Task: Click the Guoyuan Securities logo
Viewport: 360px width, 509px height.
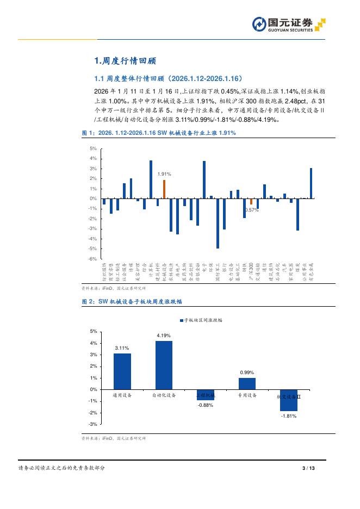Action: pos(288,24)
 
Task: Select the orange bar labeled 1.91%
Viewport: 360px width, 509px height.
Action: pos(164,189)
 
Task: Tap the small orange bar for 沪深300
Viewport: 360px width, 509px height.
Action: pos(251,202)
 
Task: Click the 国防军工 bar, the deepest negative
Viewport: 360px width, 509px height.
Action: pos(218,224)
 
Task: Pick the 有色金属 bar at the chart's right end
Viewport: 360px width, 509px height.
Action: pos(311,184)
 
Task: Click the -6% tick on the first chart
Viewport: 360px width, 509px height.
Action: pos(94,259)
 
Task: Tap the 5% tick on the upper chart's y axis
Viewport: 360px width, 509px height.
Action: pos(94,148)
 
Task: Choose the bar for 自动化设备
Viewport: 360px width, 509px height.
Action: pos(164,365)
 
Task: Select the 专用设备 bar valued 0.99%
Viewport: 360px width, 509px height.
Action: pos(247,383)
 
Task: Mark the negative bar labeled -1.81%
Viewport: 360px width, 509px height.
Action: pos(288,400)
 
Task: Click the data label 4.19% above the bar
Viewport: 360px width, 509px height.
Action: pos(164,336)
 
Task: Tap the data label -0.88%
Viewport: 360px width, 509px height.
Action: pos(205,405)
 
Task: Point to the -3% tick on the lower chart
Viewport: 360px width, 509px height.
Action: pos(94,424)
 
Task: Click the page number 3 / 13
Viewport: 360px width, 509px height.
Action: pos(308,468)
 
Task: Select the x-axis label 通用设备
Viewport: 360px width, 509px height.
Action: pos(122,395)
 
